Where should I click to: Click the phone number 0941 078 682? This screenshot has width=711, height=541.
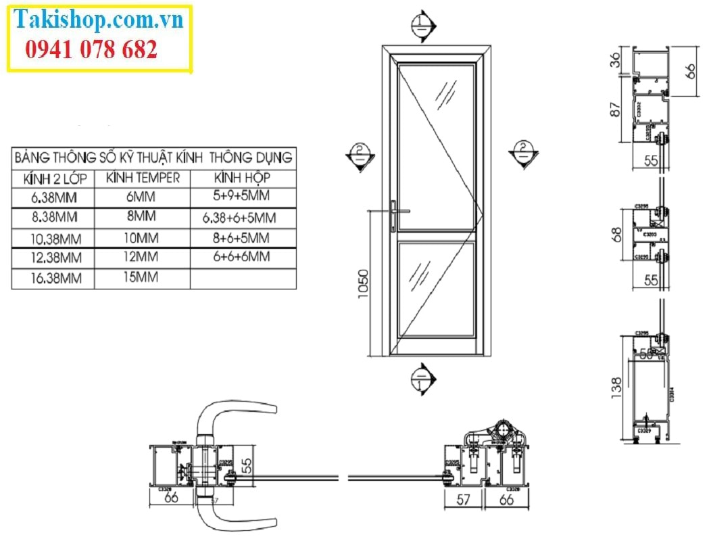[91, 49]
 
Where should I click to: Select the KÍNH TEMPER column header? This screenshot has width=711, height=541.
[143, 178]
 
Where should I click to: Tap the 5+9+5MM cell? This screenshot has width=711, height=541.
[241, 196]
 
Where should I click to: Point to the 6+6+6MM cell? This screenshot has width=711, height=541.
[241, 256]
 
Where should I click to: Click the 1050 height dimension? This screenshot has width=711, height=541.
[363, 285]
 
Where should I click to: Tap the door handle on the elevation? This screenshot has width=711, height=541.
[399, 213]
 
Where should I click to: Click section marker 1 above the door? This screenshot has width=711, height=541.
[422, 26]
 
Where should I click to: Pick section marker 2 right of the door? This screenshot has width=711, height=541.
[523, 154]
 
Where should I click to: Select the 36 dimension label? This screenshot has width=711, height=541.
[615, 60]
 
